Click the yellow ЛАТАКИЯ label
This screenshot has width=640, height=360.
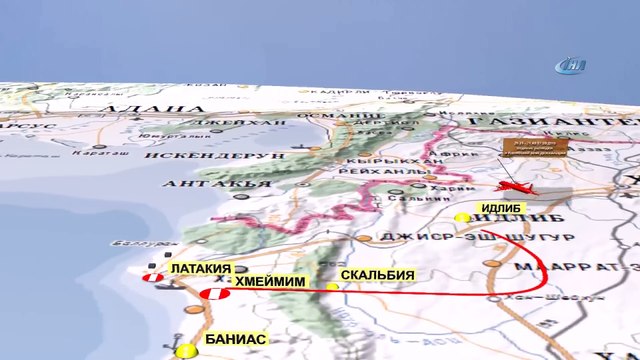(200, 270)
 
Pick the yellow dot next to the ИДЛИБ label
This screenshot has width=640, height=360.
(461, 217)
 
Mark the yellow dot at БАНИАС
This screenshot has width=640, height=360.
(185, 351)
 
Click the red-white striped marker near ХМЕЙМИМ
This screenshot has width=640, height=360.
(213, 293)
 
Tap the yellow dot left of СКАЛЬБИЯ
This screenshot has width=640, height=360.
(333, 287)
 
